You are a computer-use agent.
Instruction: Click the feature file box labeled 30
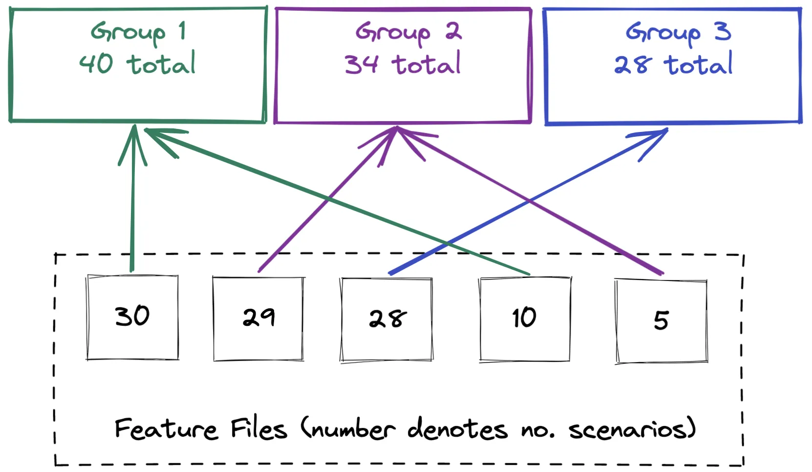(132, 317)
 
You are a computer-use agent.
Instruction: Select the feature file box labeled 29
(258, 318)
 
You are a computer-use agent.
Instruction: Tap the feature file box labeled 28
(386, 319)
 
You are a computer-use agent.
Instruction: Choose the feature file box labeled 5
(661, 321)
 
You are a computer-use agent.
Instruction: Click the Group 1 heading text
(138, 32)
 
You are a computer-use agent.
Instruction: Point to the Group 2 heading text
(408, 32)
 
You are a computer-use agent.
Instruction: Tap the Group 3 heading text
(678, 32)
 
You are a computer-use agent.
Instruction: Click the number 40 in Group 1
(96, 64)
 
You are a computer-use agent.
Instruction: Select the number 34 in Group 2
(362, 64)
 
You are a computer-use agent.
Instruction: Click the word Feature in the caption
(166, 429)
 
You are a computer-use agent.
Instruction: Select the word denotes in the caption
(457, 429)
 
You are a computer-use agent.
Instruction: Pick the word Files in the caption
(258, 429)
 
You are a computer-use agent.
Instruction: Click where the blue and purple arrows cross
(530, 200)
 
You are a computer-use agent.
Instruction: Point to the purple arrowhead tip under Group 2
(397, 129)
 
